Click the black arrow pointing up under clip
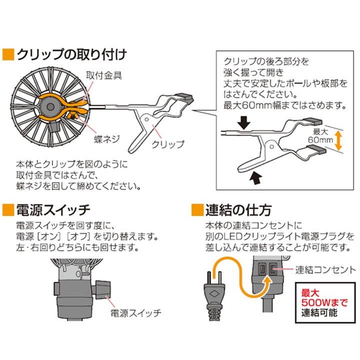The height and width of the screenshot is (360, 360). point(255,176)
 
